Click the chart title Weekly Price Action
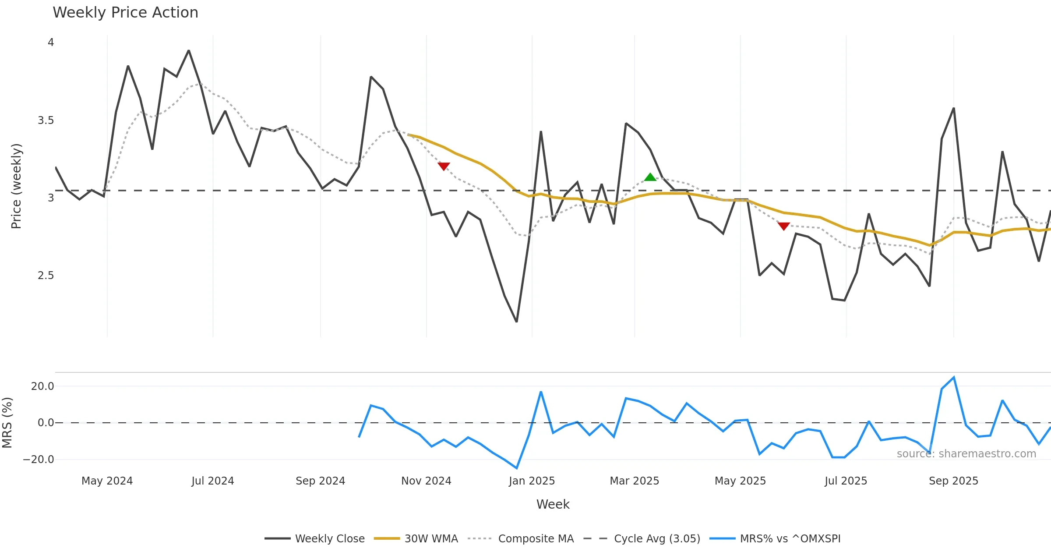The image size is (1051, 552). [x=125, y=13]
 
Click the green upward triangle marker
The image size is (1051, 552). [x=650, y=177]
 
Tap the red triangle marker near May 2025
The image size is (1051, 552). [x=783, y=226]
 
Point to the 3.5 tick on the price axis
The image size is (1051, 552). [x=46, y=120]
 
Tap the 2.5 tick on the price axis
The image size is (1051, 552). [x=46, y=276]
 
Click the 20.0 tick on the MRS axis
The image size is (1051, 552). [x=42, y=386]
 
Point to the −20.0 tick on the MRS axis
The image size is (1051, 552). [x=39, y=460]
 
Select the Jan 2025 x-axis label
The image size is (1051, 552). [x=532, y=481]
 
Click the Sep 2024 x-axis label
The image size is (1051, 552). [x=320, y=481]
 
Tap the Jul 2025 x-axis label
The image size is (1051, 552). [x=846, y=481]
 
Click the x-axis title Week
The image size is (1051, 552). [x=553, y=505]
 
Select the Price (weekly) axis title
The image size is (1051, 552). [x=16, y=186]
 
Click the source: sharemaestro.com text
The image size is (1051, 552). [x=966, y=454]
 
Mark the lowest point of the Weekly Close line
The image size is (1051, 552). [x=517, y=322]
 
